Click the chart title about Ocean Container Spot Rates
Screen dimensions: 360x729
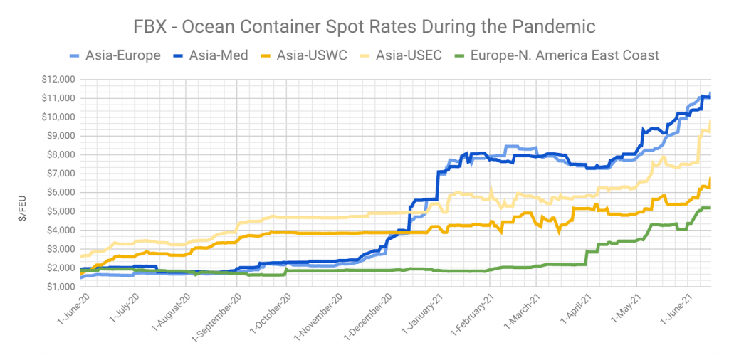(364, 27)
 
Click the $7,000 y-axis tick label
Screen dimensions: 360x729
(58, 174)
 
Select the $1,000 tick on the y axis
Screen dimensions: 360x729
(58, 287)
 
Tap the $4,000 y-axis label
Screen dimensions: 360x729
(58, 230)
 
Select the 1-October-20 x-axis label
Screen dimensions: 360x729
(264, 314)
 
